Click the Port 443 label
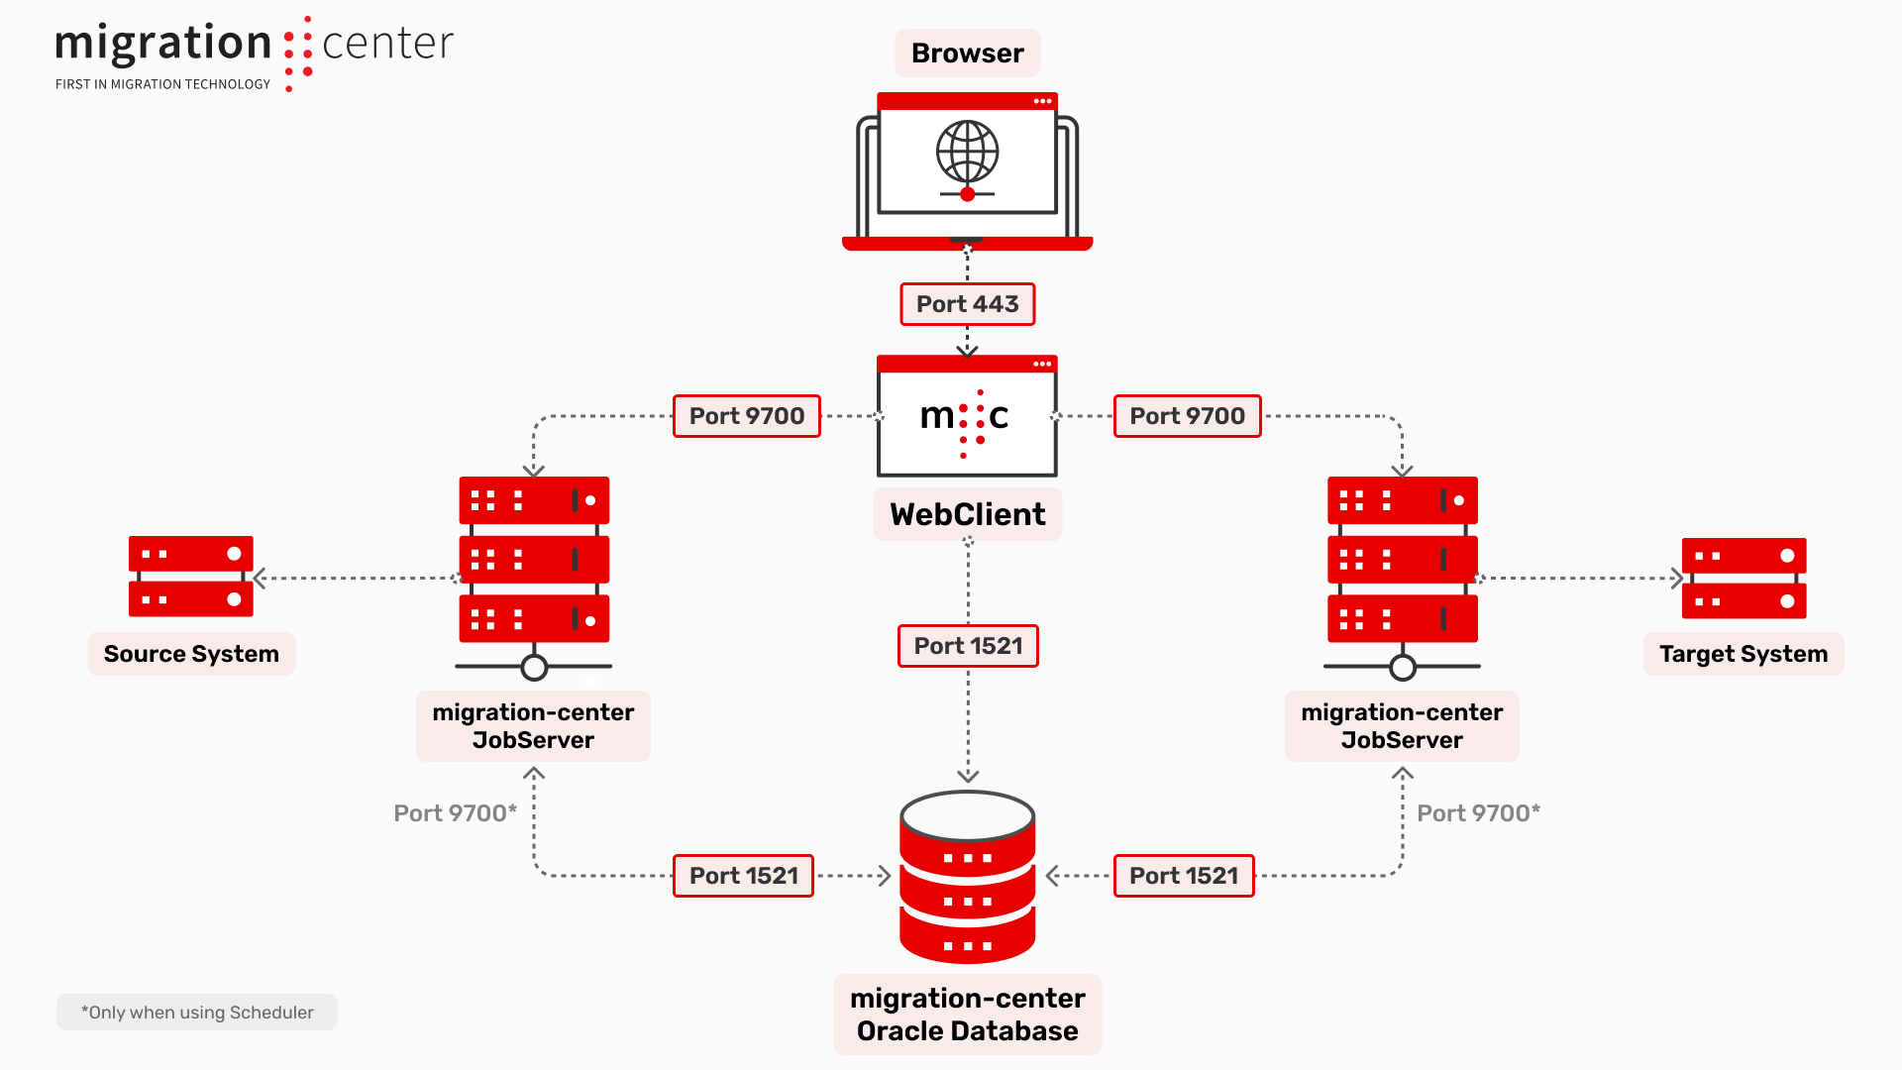967,304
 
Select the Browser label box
967,53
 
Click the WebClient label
967,514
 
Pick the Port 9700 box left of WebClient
746,416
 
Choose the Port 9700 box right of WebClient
1187,416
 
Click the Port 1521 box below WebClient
967,646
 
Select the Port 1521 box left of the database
743,876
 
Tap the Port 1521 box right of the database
1184,876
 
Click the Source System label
191,654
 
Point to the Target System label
1743,654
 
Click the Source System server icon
191,577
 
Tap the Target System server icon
1743,578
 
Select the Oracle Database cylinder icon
967,878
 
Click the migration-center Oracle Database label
967,1015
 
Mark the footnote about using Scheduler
197,1013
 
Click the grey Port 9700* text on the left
455,813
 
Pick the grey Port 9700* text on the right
1478,813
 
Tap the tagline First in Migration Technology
162,84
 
